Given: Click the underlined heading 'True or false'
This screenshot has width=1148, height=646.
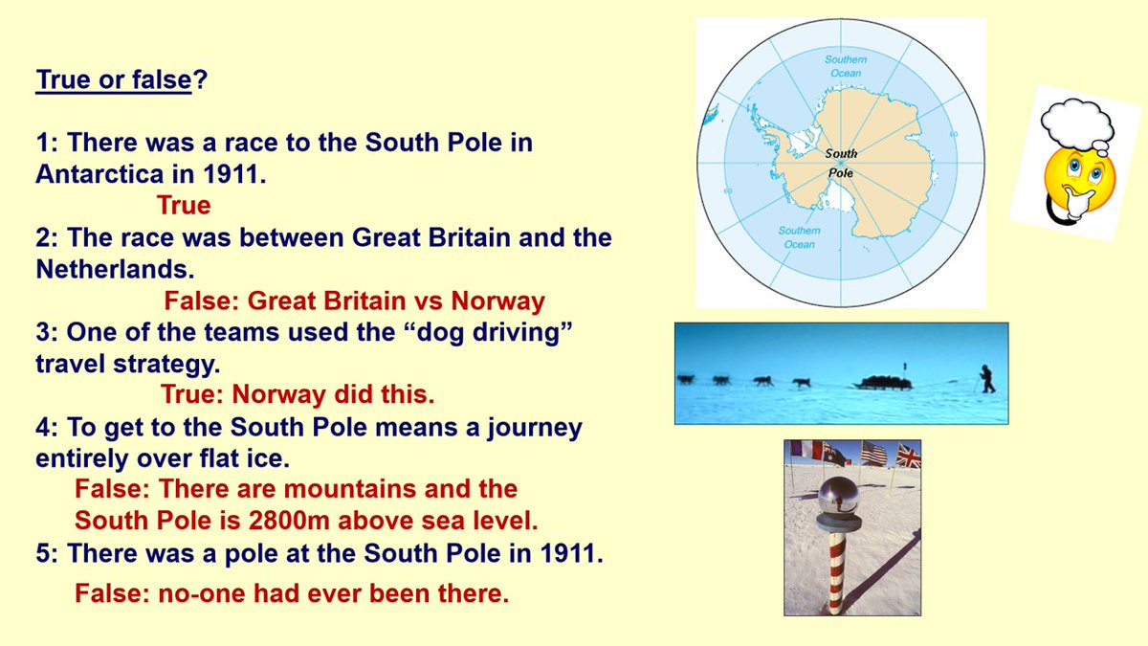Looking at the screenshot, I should click(114, 79).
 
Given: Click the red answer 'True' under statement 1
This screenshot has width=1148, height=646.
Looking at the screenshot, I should click(184, 206).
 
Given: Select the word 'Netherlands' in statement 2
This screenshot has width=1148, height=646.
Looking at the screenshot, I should click(104, 270).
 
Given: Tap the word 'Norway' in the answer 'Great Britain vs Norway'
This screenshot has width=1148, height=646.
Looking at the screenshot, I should click(497, 301).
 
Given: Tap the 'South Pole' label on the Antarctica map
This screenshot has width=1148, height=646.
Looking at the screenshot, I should click(841, 163).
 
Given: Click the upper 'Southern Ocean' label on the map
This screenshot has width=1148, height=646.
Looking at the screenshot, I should click(845, 66).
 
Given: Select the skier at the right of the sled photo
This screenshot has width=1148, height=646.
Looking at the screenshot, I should click(987, 378).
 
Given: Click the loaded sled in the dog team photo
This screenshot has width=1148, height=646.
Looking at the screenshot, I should click(883, 383).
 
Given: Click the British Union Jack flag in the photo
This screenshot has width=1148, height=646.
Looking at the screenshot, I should click(908, 455).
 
